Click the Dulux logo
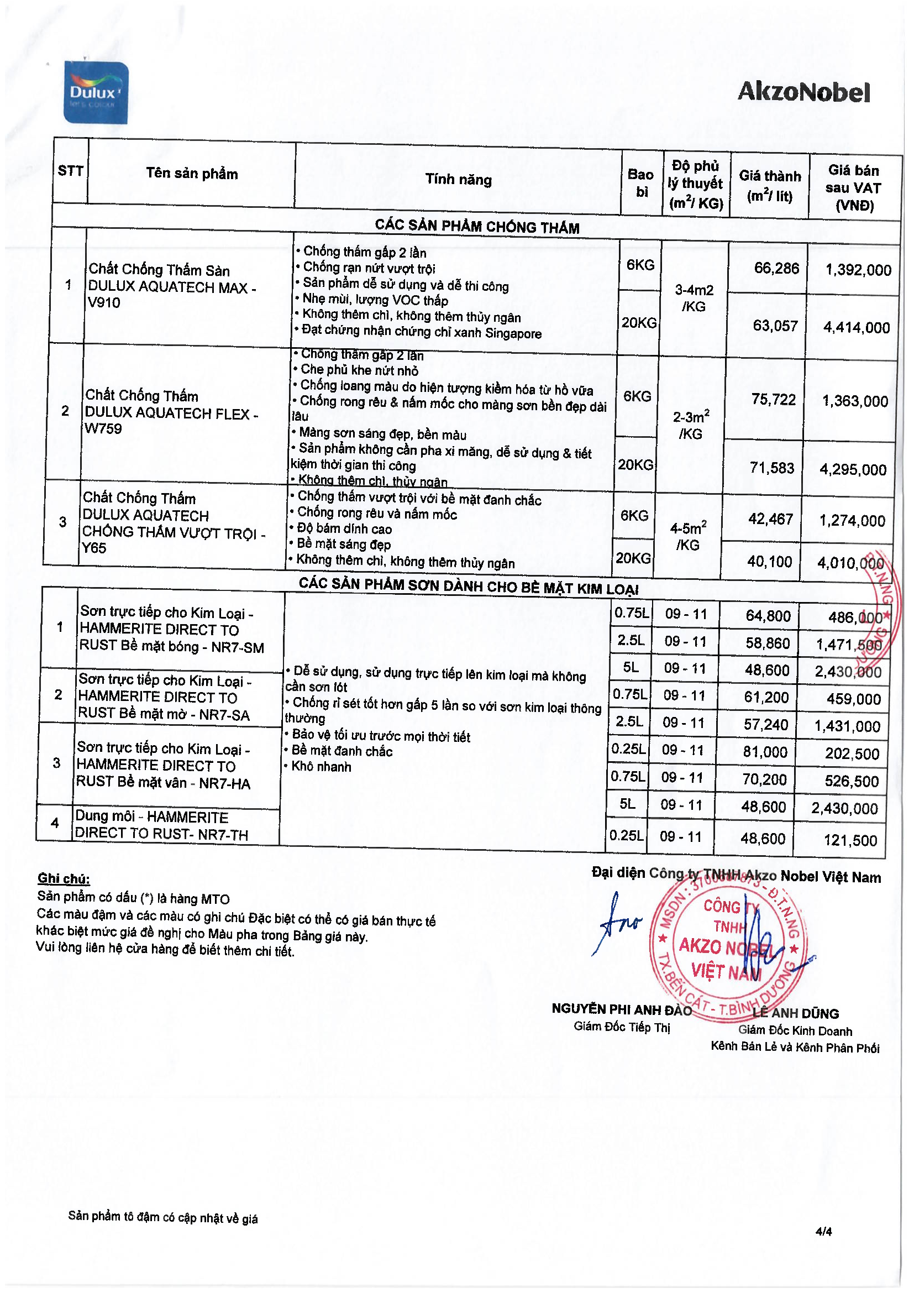click(x=96, y=93)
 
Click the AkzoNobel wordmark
click(x=803, y=92)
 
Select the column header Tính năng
click(x=458, y=180)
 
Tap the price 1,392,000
click(x=858, y=270)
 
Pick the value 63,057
click(x=775, y=326)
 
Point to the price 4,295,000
click(x=853, y=469)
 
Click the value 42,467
click(x=770, y=519)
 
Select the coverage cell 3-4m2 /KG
click(x=694, y=298)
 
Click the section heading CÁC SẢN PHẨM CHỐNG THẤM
click(x=477, y=227)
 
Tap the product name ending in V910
click(x=172, y=286)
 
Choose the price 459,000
click(x=853, y=699)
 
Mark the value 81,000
click(x=765, y=752)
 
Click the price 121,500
click(x=850, y=840)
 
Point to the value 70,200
click(x=764, y=779)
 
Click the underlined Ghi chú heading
click(x=64, y=878)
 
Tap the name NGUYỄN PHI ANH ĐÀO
click(x=621, y=1010)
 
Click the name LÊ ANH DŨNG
click(x=795, y=1014)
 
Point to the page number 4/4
click(x=823, y=1231)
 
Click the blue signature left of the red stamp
click(x=617, y=924)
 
